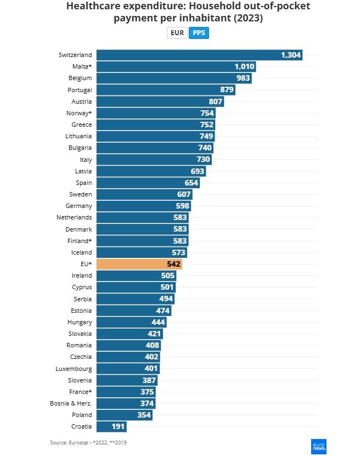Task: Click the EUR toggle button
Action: [177, 33]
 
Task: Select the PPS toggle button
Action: [198, 33]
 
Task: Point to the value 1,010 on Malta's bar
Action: [244, 67]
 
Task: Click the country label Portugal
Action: [80, 90]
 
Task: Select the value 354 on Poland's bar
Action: [144, 415]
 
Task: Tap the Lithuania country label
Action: [78, 136]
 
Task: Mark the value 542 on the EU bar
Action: [173, 264]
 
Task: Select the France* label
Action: [81, 392]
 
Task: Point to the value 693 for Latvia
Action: [198, 171]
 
